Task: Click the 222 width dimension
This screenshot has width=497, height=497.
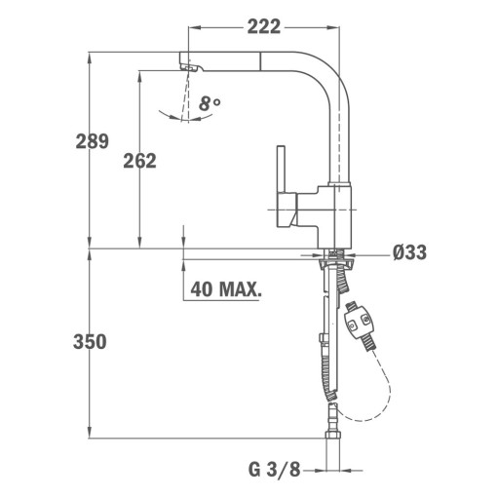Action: click(264, 26)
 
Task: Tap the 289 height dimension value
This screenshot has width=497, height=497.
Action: click(93, 141)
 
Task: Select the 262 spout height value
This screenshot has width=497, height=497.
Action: click(139, 161)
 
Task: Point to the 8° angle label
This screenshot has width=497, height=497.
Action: click(210, 103)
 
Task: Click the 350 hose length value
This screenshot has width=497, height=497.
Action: click(90, 342)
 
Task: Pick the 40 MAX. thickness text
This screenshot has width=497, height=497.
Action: click(226, 289)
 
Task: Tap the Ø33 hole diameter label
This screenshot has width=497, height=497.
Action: click(409, 252)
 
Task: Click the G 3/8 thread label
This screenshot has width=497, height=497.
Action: click(275, 470)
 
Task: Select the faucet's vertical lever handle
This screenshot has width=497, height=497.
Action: click(281, 169)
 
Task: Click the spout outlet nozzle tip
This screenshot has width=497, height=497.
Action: click(190, 67)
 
